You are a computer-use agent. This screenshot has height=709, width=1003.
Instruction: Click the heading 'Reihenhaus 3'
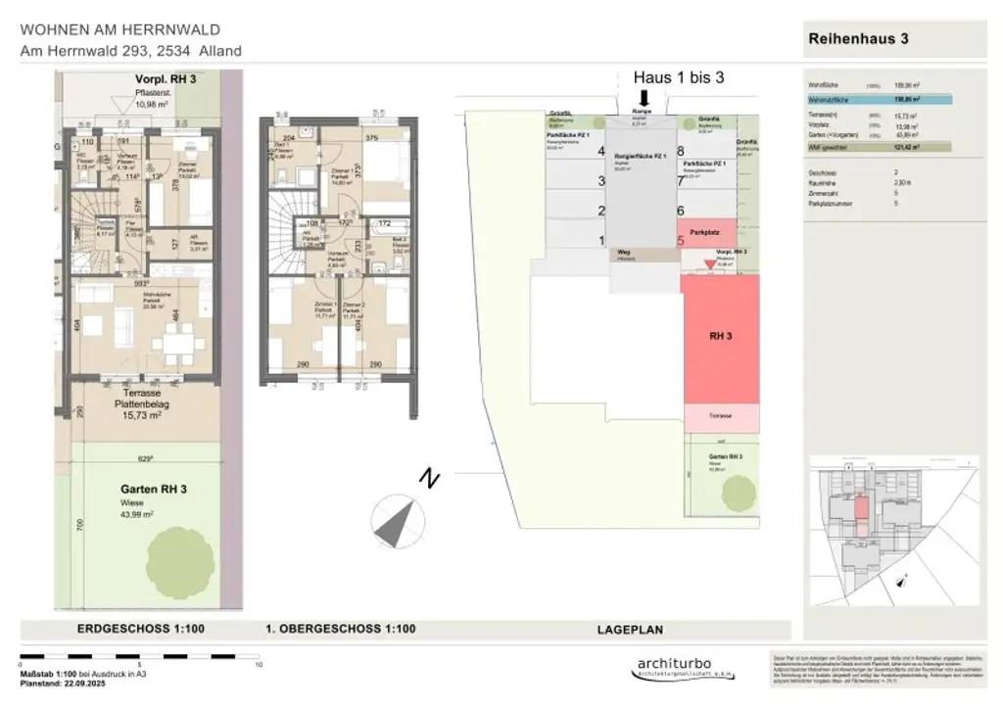859,39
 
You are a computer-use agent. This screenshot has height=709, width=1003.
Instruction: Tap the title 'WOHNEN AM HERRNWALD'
120,30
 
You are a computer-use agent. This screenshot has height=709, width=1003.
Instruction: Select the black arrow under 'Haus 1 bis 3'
645,98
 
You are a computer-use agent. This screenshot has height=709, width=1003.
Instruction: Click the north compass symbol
400,520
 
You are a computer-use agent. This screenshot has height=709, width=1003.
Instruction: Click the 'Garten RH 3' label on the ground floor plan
154,489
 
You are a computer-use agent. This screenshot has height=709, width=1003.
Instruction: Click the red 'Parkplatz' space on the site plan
719,234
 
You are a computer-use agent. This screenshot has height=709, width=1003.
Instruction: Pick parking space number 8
680,151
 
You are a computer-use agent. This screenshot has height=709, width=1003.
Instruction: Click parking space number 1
601,240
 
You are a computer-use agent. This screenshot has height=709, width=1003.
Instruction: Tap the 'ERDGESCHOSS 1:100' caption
140,630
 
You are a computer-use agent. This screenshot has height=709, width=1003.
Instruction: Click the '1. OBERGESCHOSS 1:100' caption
341,630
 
